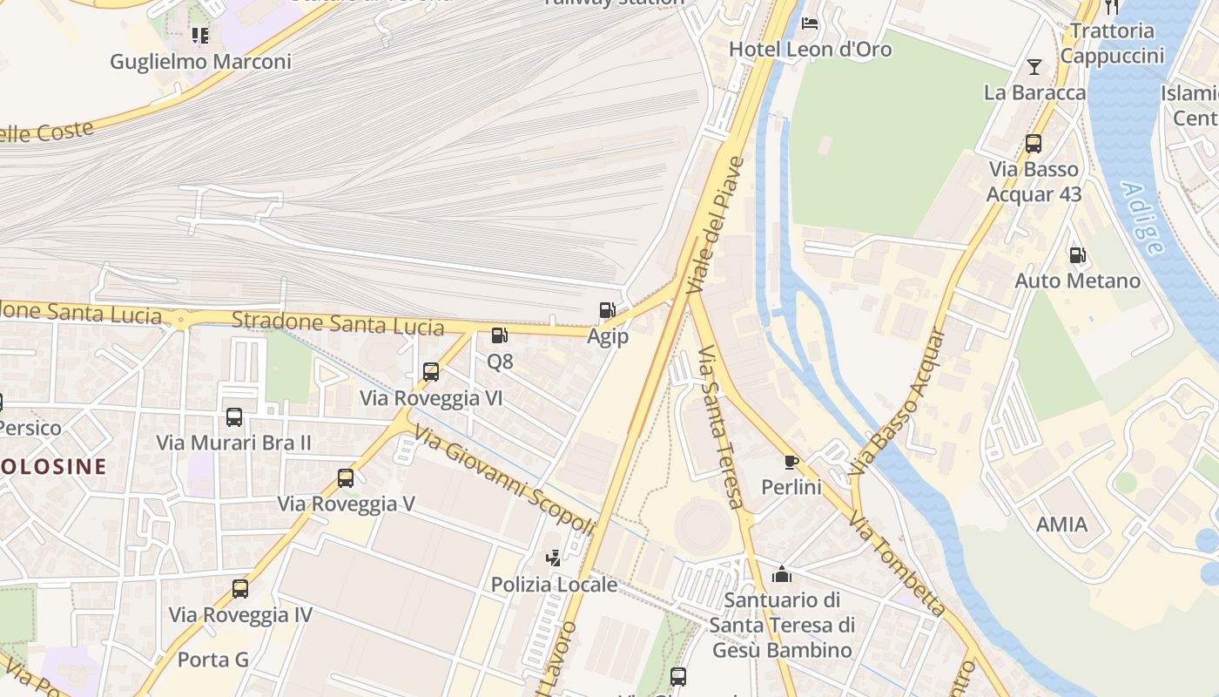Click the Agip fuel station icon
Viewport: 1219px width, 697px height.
coord(607,310)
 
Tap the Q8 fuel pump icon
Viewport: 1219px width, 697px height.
coord(499,335)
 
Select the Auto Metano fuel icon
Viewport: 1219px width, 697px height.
coord(1077,255)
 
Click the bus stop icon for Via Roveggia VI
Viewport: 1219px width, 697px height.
coord(430,372)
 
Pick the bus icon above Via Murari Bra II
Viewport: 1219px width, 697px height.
coord(233,416)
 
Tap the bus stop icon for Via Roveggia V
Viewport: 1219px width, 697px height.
coord(346,477)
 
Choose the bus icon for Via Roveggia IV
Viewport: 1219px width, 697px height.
coord(239,589)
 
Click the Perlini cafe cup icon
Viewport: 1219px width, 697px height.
coord(791,461)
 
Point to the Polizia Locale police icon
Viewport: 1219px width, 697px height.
coord(553,558)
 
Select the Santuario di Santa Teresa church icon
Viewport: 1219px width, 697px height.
coord(782,574)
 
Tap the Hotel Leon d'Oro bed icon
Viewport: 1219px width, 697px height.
coord(810,24)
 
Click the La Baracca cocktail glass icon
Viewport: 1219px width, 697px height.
coord(1034,66)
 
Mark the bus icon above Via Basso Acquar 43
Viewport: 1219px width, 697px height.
coord(1033,144)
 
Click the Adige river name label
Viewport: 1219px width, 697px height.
coord(1142,218)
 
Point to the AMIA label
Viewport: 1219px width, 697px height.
coord(1061,524)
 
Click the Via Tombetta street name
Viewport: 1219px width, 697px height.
coord(898,565)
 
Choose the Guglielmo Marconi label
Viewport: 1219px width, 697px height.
coord(200,62)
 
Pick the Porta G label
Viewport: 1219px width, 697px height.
coord(213,660)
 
